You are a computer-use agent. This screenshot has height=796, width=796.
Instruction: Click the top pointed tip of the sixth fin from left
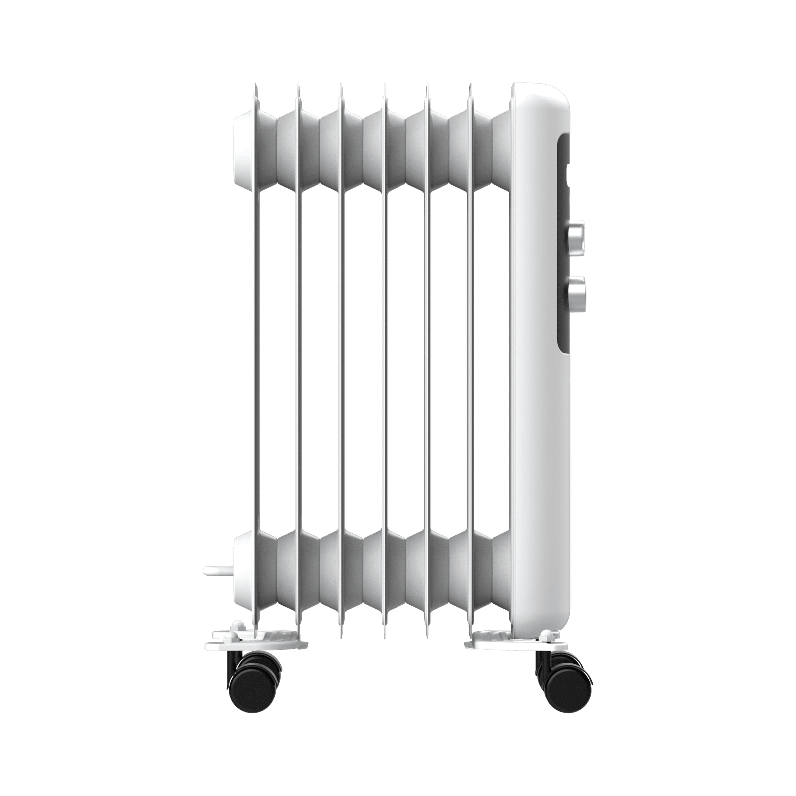469,87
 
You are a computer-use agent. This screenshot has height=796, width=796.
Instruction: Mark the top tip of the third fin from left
341,87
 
